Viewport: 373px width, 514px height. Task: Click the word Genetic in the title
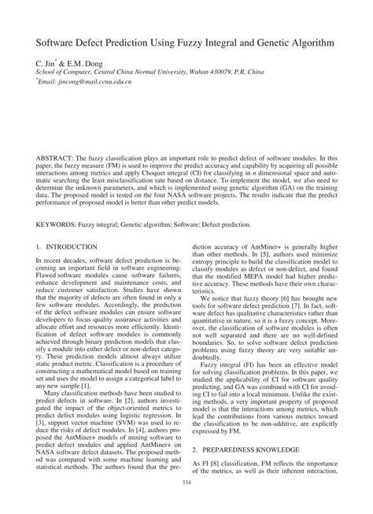[271, 38]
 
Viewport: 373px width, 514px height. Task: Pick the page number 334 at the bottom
[186, 504]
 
